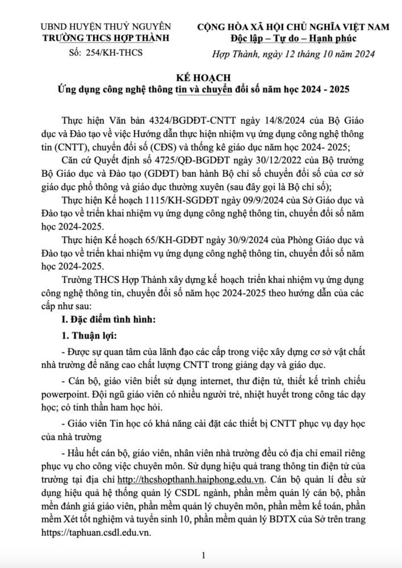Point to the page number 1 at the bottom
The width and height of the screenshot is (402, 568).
[x=203, y=555]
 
